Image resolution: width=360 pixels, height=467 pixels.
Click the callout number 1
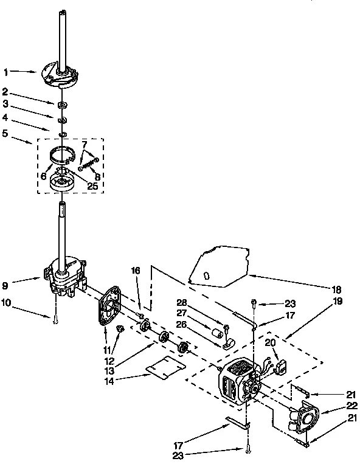click(x=5, y=72)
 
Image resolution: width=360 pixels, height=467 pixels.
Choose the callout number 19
click(x=337, y=301)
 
